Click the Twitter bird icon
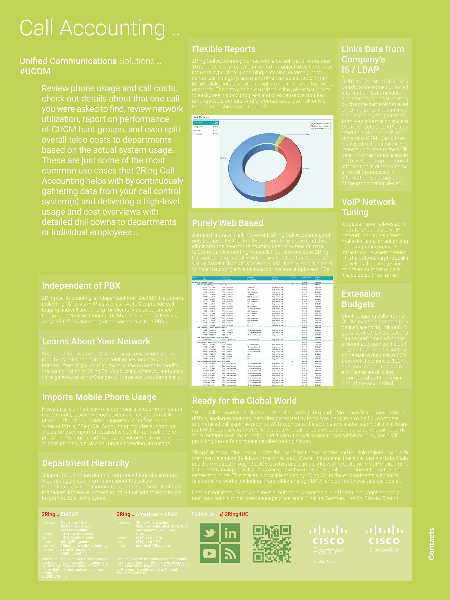click(209, 533)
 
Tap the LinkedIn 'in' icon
click(230, 533)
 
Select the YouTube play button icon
click(209, 553)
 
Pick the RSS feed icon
click(230, 553)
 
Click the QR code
click(272, 543)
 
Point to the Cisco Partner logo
click(328, 540)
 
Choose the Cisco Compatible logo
click(384, 538)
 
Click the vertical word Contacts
click(431, 543)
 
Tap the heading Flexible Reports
click(224, 49)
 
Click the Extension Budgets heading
click(361, 299)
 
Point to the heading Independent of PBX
click(81, 286)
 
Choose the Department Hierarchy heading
click(85, 463)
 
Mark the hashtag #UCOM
click(35, 71)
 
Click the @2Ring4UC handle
click(234, 514)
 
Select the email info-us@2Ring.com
click(153, 546)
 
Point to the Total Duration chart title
click(201, 117)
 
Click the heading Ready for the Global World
click(244, 401)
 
